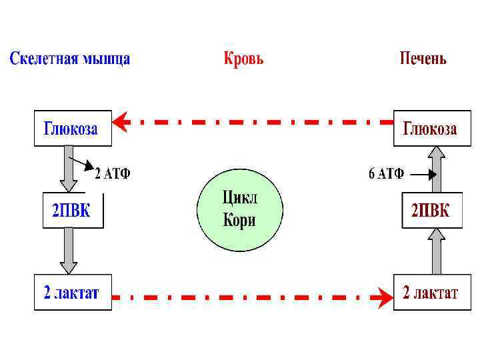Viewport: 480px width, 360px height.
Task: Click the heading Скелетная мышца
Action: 69,59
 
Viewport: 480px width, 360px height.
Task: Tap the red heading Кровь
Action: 243,59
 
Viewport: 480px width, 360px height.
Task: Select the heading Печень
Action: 423,59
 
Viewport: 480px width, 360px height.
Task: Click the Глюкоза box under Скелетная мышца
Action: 73,129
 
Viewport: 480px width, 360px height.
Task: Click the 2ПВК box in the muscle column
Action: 72,211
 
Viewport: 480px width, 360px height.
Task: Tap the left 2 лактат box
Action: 72,293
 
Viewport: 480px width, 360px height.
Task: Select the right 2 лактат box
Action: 430,293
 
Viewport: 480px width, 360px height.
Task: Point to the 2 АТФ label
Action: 112,175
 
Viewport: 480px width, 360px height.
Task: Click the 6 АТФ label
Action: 387,175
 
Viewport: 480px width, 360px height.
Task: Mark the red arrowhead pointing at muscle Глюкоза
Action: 120,122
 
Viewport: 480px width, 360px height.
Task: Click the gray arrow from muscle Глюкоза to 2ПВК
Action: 67,169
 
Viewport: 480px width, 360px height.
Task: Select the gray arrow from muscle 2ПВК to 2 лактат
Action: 67,251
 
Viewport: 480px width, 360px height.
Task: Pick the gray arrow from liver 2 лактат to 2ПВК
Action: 436,251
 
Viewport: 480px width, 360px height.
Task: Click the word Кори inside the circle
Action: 239,221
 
